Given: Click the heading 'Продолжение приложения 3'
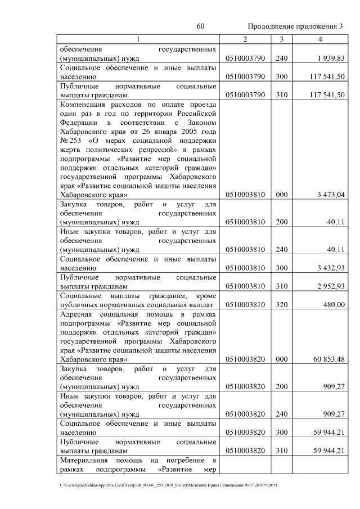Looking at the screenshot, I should [295, 26].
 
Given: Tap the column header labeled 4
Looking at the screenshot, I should [319, 39].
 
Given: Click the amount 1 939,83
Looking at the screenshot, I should [330, 58].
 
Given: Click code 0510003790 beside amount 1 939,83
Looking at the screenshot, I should [245, 58].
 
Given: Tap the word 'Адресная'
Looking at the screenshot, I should [76, 313].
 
